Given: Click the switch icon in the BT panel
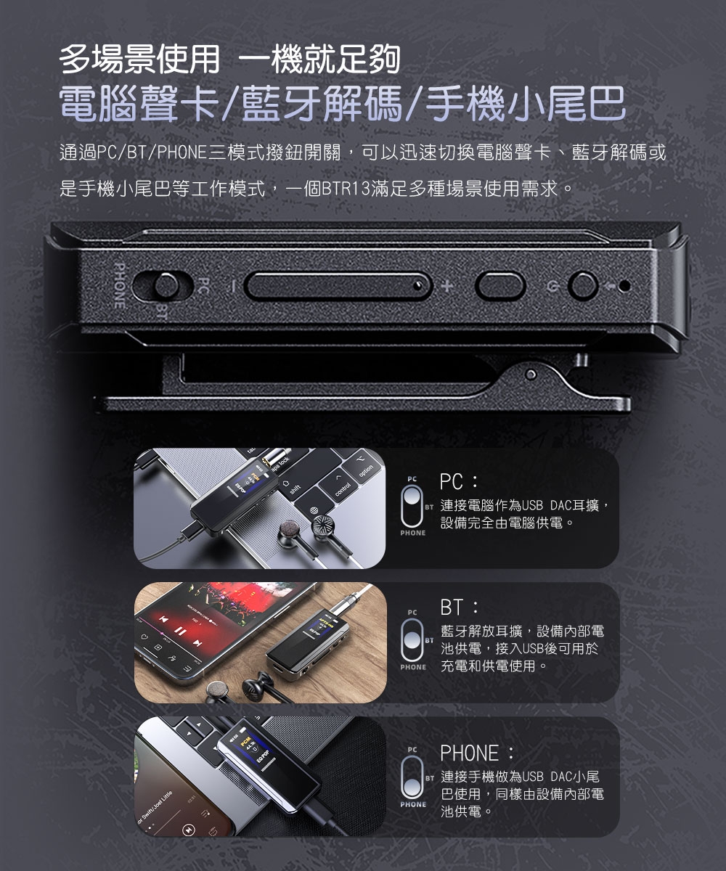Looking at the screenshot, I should (x=412, y=639).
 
